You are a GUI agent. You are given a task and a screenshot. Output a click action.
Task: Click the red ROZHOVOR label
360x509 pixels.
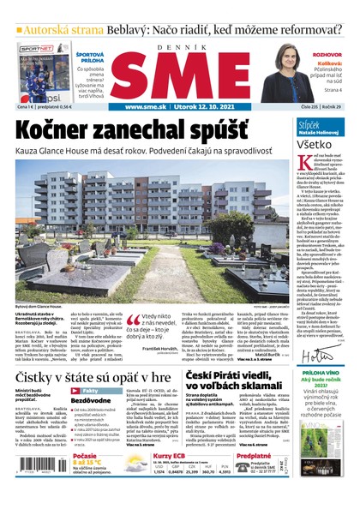coord(327,54)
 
